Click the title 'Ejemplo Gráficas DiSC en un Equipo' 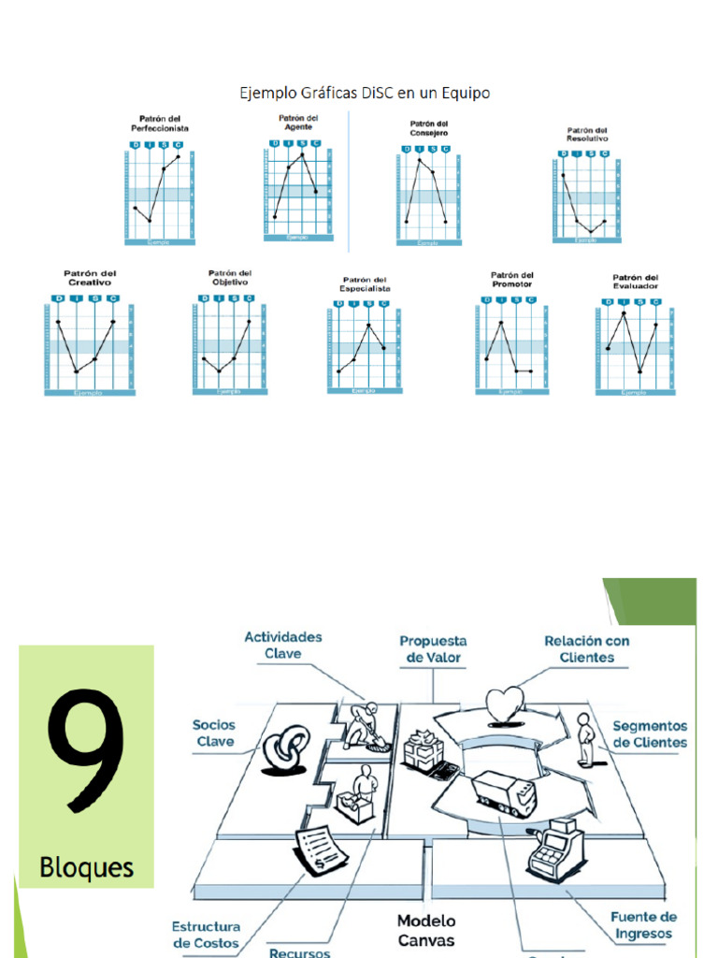point(365,93)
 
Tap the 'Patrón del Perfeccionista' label point(160,123)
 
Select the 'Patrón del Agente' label point(298,122)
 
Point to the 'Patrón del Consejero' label point(428,128)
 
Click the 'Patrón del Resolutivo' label point(586,135)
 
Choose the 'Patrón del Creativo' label point(90,278)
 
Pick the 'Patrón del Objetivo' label point(229,278)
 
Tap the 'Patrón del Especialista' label point(366,284)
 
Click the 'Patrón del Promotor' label point(511,280)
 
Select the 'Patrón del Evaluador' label point(635,282)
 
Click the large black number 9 point(86,754)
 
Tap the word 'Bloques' point(86,867)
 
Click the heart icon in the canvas point(506,704)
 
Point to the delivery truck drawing point(504,793)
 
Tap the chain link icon point(286,750)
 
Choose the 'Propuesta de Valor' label point(433,649)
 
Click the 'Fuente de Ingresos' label point(643,925)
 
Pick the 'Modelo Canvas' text point(425,930)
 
